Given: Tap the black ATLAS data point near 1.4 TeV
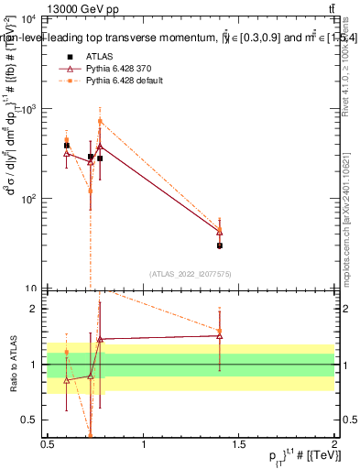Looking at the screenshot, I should [x=220, y=245].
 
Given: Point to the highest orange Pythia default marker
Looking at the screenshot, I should [x=100, y=121].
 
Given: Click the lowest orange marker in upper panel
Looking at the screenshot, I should [x=91, y=191].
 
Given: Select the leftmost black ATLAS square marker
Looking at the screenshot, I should [x=67, y=146].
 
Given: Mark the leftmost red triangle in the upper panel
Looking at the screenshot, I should [x=67, y=153].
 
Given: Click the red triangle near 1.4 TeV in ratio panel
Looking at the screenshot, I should [x=220, y=335].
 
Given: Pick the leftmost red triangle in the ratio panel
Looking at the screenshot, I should [x=67, y=379].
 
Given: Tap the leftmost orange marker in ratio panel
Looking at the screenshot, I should [x=67, y=352].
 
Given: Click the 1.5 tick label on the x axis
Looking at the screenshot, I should [x=239, y=445].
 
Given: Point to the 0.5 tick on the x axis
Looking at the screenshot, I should [x=48, y=445].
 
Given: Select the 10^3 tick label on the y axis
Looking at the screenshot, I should [x=27, y=109].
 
